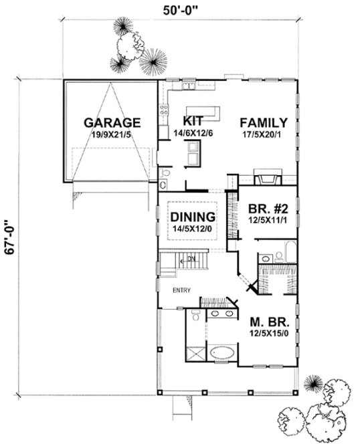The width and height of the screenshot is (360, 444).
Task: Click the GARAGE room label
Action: pos(112,122)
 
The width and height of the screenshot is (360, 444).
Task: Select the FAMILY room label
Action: pos(264,122)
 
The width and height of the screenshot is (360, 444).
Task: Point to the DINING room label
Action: pos(192,217)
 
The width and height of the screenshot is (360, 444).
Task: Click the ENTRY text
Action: pos(182,290)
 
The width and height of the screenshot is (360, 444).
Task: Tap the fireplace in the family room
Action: pos(264,179)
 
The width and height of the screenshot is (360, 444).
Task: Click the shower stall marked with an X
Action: pos(195,353)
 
